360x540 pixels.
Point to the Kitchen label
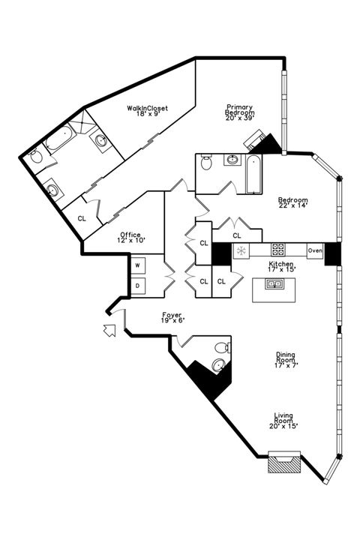coord(282,265)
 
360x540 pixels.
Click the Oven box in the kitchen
coord(315,251)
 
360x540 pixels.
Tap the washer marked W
coord(138,265)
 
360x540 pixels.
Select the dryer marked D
coord(138,286)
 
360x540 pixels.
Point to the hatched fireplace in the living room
coord(284,463)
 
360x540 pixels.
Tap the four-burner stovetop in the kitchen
coord(277,250)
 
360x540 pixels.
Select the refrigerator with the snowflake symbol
coord(241,251)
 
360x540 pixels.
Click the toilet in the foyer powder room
coord(220,348)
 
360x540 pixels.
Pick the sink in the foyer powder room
coord(217,365)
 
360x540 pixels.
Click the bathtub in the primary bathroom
coord(58,140)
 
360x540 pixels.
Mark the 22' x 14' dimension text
coord(292,206)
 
